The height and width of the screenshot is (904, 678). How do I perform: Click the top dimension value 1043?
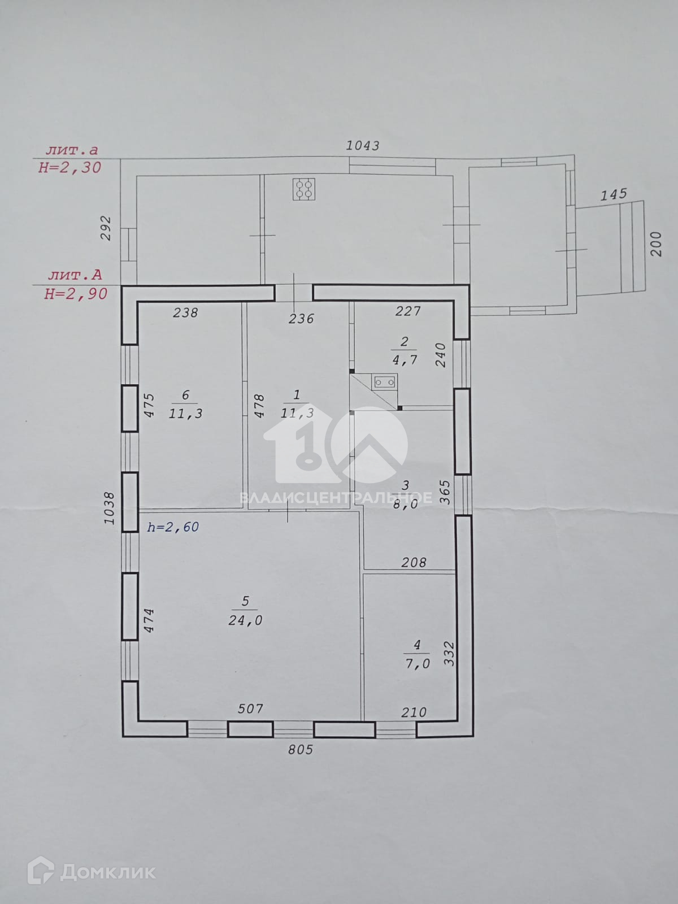pos(362,145)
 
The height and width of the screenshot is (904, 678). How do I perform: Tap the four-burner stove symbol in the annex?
pos(304,189)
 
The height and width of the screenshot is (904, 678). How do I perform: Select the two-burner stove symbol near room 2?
pos(385,382)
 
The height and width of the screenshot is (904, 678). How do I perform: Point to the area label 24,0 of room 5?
pos(245,620)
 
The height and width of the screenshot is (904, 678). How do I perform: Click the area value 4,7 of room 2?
pos(405,360)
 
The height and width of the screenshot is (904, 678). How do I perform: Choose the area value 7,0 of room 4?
pos(418,663)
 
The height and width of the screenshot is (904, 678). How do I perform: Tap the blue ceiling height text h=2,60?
pos(173,527)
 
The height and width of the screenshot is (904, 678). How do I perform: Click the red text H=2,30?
pos(70,168)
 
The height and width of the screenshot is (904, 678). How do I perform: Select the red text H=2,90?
pos(76,294)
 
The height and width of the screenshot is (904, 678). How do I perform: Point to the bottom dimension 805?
pos(301,750)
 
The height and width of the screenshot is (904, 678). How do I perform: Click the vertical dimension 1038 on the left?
pos(109,508)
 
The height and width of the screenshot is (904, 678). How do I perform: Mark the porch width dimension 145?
pos(614,194)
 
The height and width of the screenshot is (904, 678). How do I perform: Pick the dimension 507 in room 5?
pos(250,709)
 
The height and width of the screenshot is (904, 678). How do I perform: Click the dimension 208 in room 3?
pos(414,562)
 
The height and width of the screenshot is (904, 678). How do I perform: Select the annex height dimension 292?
pos(106,228)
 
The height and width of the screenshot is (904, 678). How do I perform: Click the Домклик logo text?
pos(108,872)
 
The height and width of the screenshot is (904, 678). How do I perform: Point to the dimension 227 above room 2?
pos(407,311)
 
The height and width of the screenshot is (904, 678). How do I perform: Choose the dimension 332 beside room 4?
pos(449,654)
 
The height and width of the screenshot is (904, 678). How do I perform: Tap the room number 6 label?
pos(185,395)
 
